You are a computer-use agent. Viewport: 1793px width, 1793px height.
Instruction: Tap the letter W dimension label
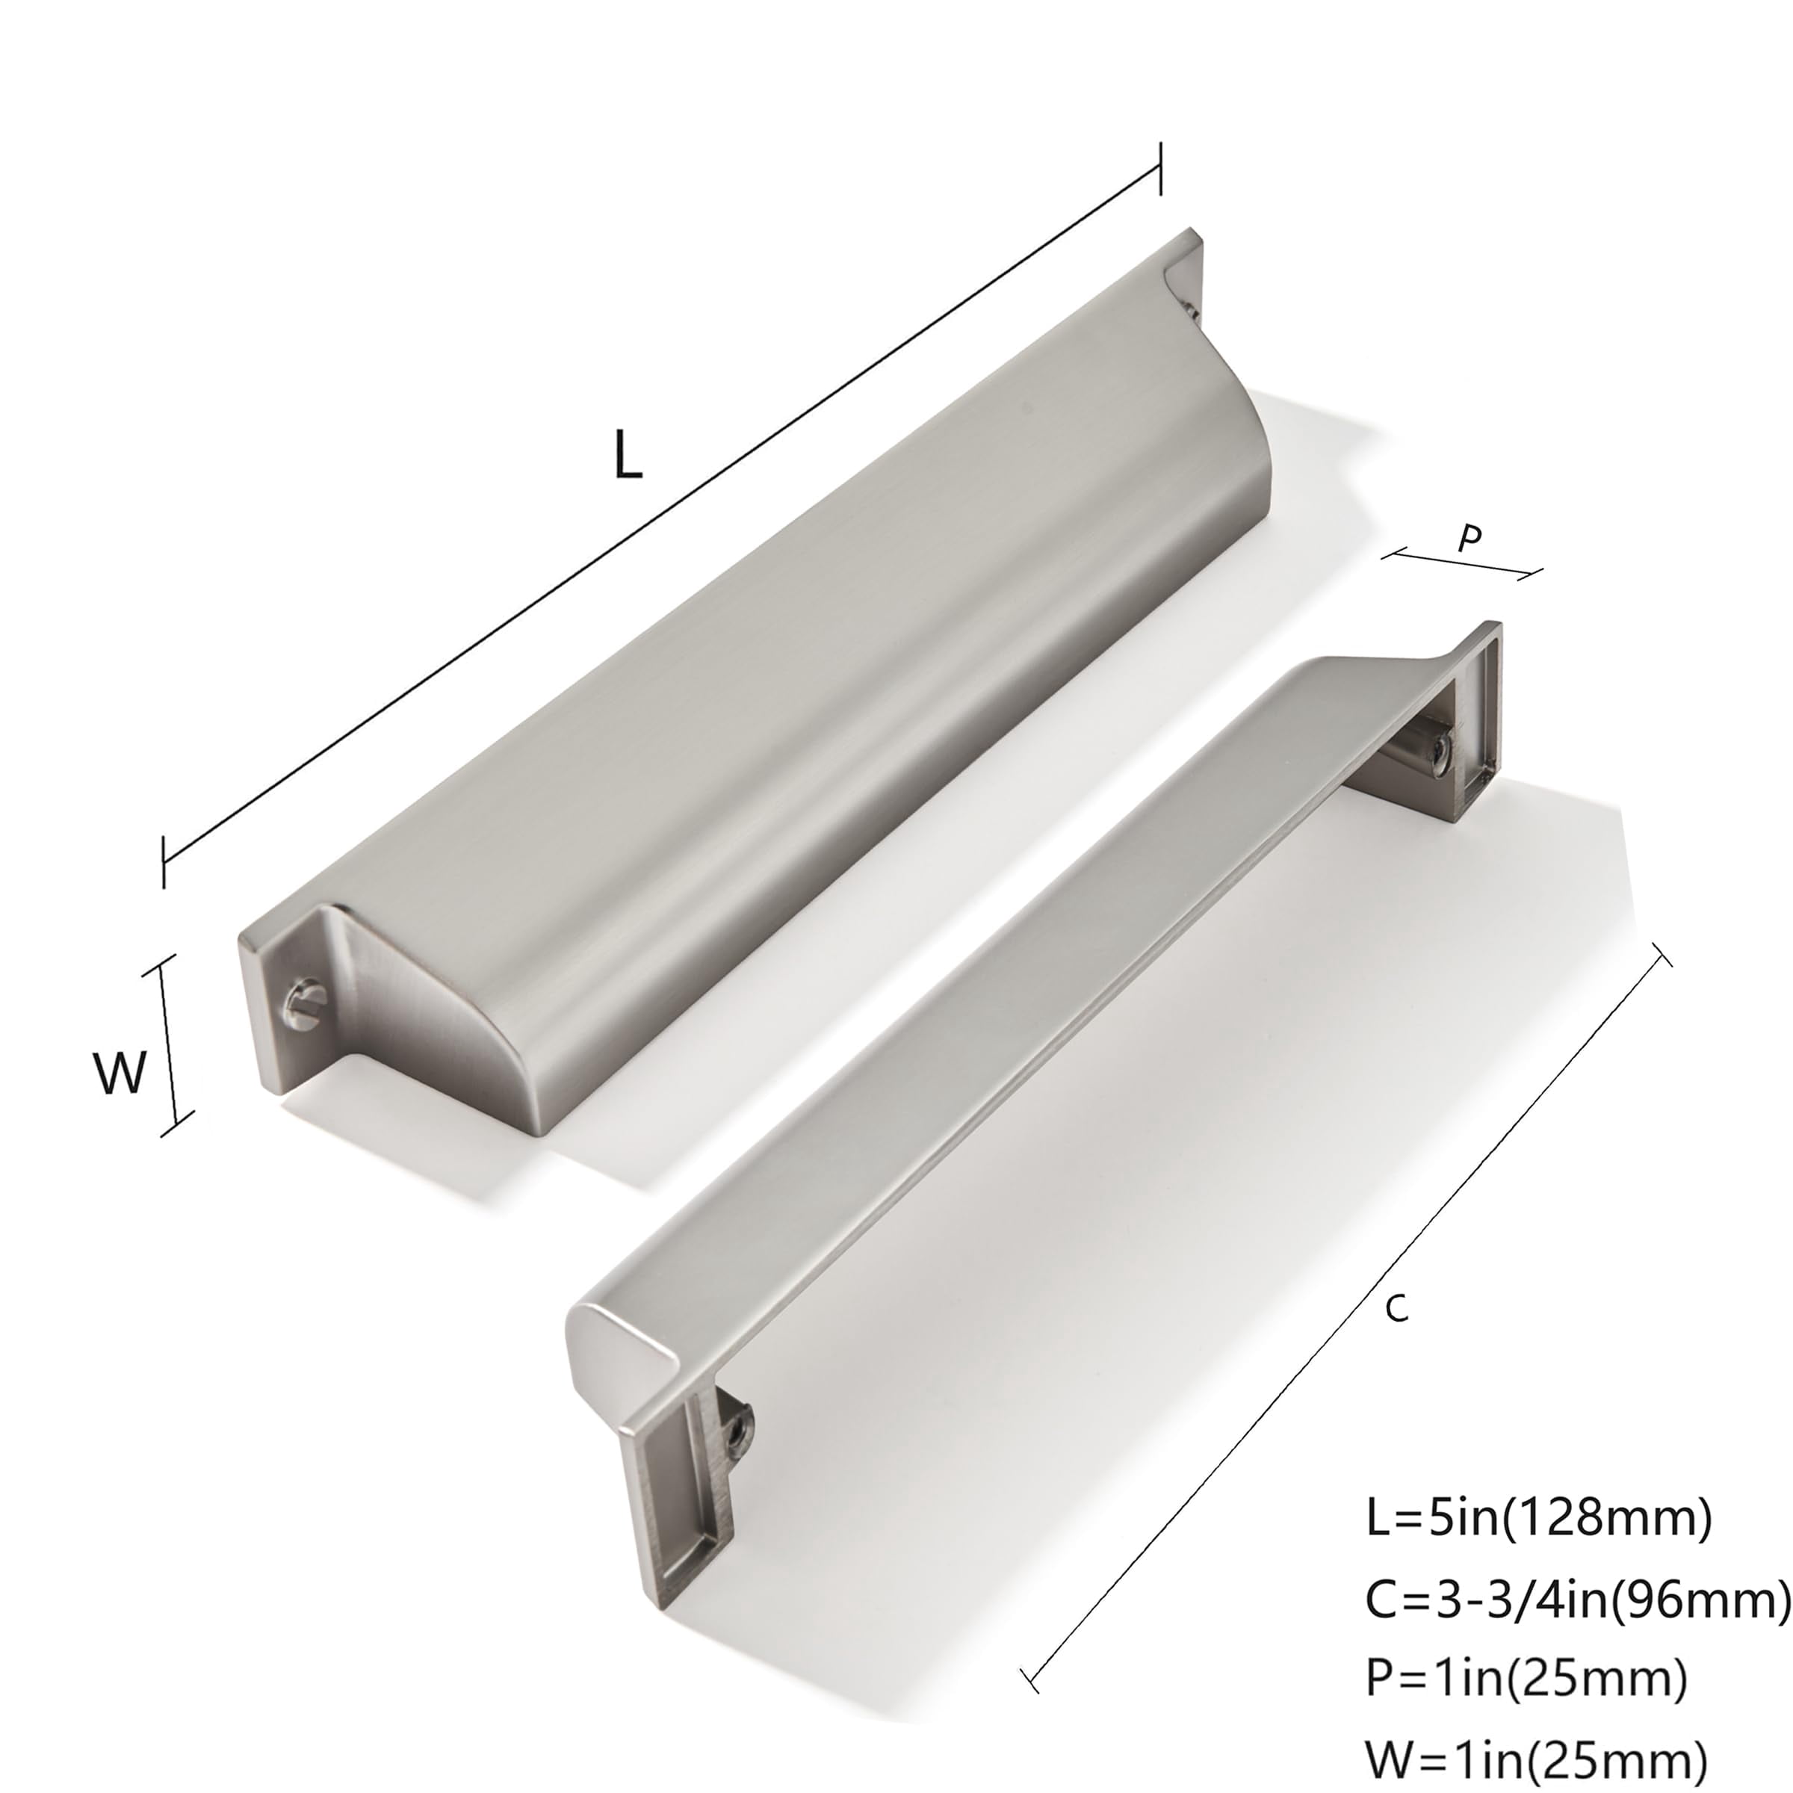(x=120, y=1071)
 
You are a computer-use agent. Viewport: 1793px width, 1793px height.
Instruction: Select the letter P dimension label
(x=1469, y=537)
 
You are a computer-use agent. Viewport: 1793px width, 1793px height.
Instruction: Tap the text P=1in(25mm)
(x=1526, y=1676)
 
